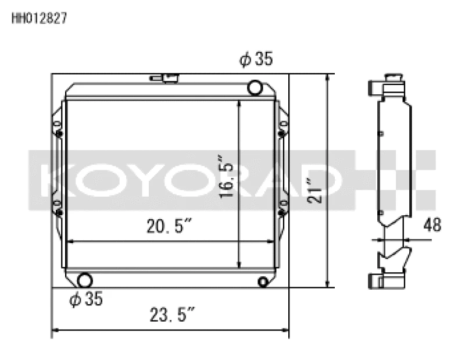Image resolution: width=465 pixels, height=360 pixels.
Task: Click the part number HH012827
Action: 39,18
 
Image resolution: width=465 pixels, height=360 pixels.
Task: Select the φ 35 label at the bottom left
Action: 85,300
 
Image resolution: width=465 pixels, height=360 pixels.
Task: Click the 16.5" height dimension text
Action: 227,176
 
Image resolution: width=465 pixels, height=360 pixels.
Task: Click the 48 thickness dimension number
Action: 432,224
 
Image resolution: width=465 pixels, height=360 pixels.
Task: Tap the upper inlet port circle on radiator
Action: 255,88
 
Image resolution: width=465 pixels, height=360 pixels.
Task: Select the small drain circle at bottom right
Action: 263,282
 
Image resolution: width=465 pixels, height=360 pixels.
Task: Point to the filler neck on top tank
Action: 163,79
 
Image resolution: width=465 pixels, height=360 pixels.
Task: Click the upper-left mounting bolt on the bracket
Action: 59,134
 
